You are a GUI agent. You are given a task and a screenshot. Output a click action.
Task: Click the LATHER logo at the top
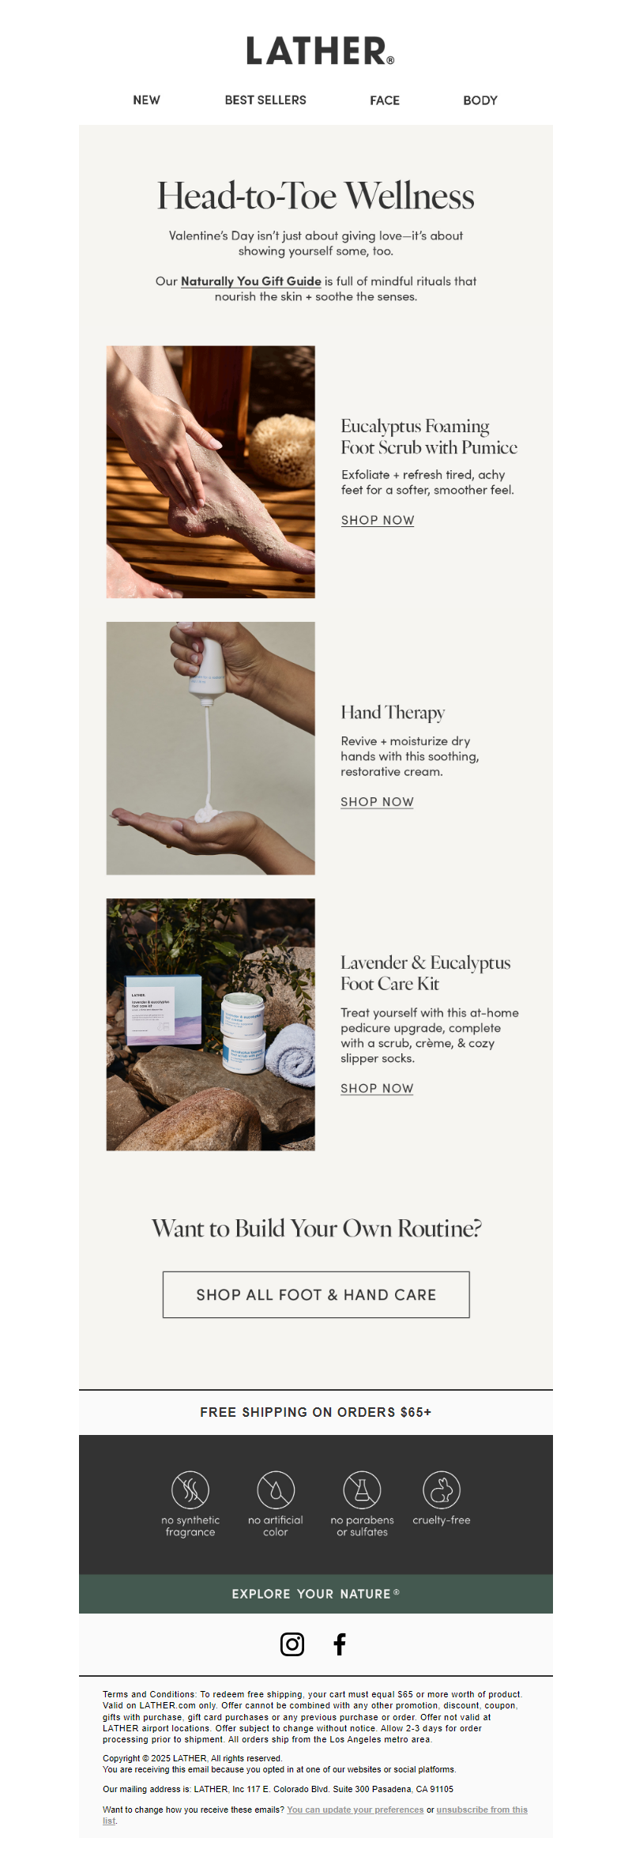320,51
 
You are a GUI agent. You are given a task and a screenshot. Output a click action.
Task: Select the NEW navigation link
146,100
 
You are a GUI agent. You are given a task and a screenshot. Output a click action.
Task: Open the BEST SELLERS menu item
265,100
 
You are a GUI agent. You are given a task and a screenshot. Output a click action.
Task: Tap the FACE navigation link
385,100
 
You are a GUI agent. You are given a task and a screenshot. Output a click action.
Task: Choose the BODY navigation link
480,100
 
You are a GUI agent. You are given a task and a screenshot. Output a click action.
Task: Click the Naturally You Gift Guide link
251,281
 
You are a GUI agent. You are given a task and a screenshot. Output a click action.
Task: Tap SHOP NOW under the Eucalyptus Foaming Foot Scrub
378,520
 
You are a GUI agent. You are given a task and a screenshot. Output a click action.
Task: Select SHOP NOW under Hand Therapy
377,801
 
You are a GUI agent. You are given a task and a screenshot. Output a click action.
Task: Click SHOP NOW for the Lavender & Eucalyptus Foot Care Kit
377,1088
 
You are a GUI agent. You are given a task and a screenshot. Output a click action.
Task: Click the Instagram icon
292,1644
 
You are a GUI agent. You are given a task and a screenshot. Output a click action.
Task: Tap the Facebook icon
340,1644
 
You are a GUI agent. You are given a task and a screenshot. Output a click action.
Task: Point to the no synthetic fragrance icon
190,1490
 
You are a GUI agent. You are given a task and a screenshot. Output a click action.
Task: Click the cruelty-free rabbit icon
442,1490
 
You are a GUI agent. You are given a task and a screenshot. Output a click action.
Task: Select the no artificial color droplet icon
276,1490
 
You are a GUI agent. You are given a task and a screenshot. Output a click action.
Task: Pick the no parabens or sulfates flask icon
362,1490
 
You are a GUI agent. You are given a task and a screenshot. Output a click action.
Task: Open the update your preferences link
355,1810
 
